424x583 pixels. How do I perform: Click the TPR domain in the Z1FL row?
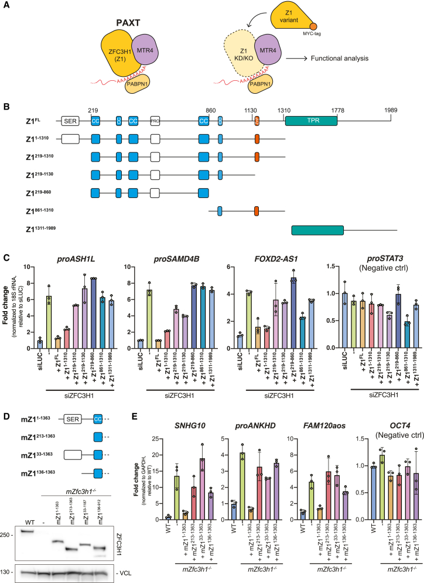(311, 121)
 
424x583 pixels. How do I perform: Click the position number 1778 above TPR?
(337, 109)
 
